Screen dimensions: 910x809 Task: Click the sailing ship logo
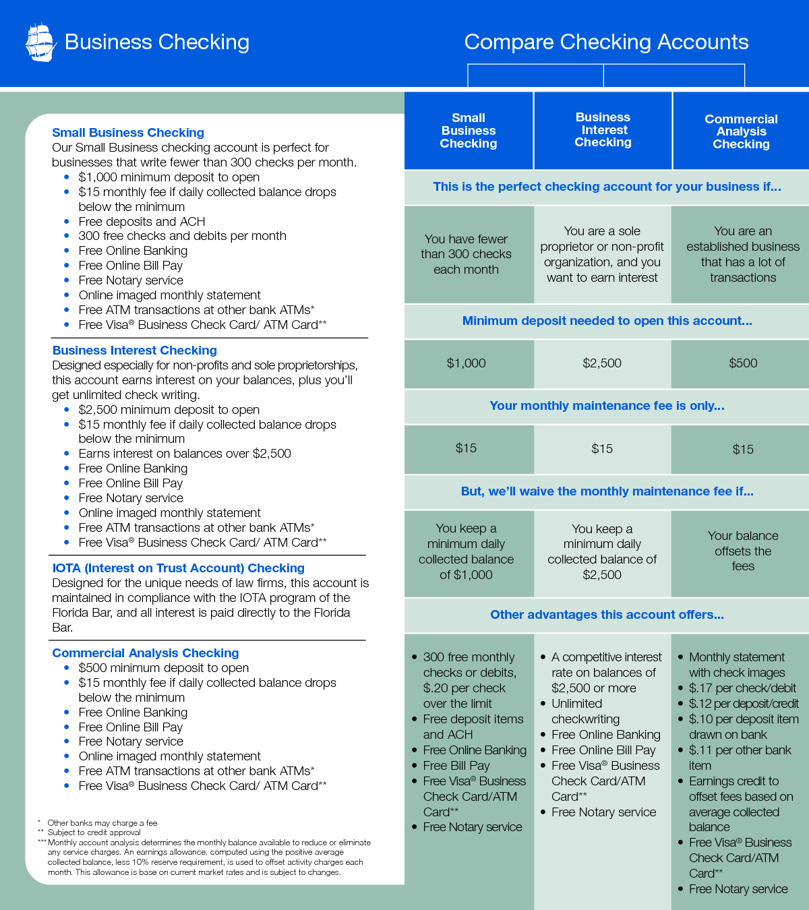tap(40, 42)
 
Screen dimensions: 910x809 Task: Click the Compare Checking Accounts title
tap(606, 42)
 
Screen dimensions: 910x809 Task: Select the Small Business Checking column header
tap(469, 131)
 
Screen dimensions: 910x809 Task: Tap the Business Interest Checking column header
tap(603, 129)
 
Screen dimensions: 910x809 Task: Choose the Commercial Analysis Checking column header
tap(741, 131)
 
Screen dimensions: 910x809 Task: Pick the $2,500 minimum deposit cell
tap(602, 363)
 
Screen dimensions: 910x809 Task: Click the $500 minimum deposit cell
tap(743, 363)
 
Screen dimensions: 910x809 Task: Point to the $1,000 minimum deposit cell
tap(466, 363)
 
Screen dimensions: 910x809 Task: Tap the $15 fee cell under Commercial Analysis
tap(743, 449)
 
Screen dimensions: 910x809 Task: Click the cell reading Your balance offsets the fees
tap(743, 551)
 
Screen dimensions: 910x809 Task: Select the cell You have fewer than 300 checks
tap(466, 254)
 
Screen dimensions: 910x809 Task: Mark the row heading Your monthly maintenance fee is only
tap(607, 406)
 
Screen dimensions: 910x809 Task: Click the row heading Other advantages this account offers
tap(607, 615)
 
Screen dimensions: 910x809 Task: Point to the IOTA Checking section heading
tap(179, 568)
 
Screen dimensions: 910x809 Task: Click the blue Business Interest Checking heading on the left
tap(135, 351)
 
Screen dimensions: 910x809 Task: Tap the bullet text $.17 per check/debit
tap(742, 688)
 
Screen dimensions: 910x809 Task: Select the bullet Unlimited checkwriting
tap(585, 711)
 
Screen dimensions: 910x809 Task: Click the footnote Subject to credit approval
tap(94, 832)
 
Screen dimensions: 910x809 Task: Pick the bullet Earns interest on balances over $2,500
tap(185, 454)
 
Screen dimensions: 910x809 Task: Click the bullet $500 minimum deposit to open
tap(164, 668)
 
